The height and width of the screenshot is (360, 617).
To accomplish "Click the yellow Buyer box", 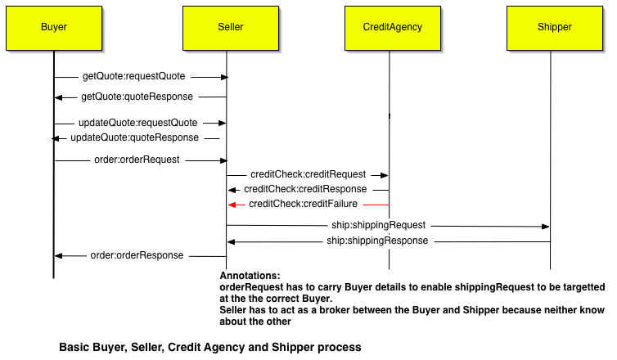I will tap(54, 27).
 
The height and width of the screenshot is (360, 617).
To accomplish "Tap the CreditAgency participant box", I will tap(392, 27).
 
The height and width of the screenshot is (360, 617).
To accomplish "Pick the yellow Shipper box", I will tap(554, 27).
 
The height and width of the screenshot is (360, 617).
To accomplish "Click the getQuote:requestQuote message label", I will tap(134, 77).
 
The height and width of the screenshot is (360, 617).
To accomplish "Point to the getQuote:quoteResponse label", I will tap(137, 97).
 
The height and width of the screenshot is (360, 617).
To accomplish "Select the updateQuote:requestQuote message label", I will tap(138, 123).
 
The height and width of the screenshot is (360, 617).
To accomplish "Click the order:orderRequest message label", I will tap(137, 160).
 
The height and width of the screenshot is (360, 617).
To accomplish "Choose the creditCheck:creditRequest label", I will tap(308, 175).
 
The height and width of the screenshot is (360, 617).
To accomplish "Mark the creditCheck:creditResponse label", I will tap(305, 189).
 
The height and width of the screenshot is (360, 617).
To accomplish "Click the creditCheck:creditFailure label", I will tap(303, 204).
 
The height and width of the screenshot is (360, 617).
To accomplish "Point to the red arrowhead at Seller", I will tap(232, 205).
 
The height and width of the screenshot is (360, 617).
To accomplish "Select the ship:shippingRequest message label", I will tap(378, 225).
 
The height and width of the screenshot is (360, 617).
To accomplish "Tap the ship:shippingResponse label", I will tap(377, 241).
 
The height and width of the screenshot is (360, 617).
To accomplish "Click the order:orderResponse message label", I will tap(137, 255).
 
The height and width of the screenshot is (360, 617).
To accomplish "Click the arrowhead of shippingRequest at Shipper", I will tap(545, 227).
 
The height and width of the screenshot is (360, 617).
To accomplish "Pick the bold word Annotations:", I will tap(250, 276).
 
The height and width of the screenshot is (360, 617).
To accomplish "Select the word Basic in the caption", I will tap(73, 347).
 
